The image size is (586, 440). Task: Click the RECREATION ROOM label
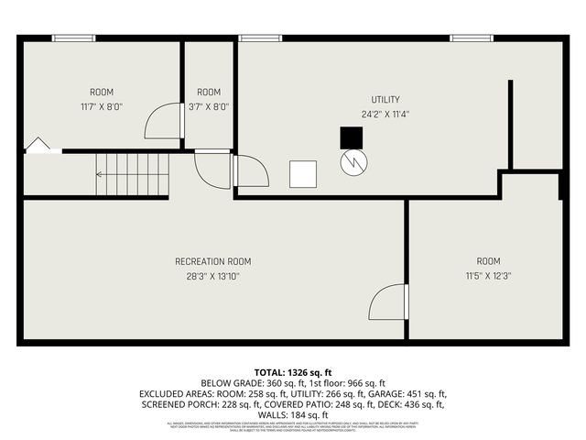point(212,261)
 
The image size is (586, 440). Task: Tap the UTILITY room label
point(385,99)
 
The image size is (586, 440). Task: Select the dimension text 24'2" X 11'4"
point(385,115)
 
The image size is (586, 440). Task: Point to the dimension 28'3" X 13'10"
point(212,276)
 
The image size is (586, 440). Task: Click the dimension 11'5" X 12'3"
point(488,276)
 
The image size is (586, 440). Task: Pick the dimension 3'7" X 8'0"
point(209,106)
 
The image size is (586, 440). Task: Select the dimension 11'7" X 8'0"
point(102,106)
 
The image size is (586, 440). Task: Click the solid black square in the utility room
point(351,137)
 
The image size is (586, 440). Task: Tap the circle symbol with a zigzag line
point(353,163)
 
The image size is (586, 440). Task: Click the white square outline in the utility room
point(303,173)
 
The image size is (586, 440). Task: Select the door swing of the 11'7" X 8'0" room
point(165,120)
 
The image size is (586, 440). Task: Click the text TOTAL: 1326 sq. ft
point(292,371)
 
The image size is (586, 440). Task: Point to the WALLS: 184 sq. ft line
point(292,415)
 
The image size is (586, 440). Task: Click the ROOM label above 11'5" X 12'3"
point(488,261)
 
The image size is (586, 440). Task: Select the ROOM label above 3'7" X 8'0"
point(209,92)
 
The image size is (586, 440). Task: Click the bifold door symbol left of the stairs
point(38,146)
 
